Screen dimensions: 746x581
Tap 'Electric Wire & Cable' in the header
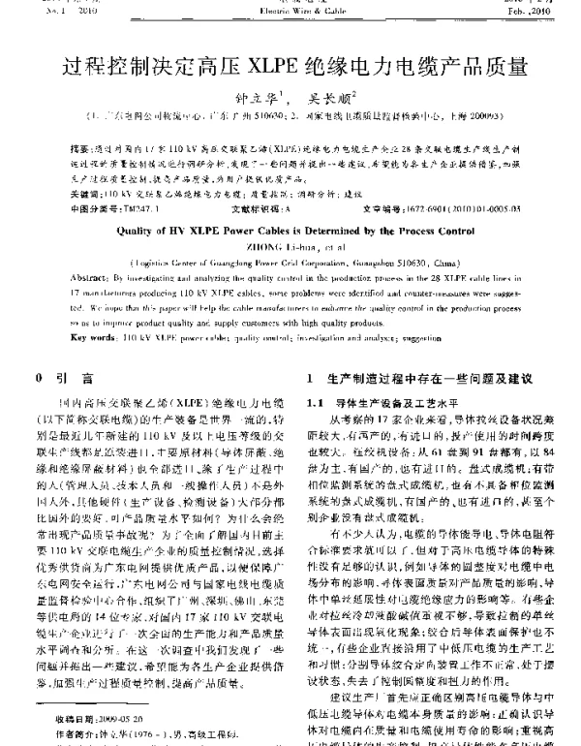[x=290, y=11]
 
